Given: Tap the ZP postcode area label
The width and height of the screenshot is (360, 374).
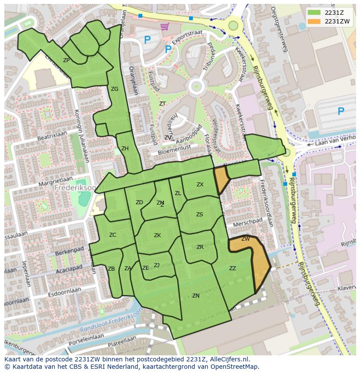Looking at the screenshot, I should pos(66,60).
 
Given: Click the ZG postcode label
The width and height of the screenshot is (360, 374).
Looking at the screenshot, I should pos(114,89).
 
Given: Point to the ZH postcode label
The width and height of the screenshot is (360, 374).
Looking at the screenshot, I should pos(125,149).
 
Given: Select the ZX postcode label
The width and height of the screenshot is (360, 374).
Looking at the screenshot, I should pos(200,185).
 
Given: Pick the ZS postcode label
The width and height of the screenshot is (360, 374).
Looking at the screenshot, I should pos(200,215).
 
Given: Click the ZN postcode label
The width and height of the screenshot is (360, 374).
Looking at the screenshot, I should pos(196,296).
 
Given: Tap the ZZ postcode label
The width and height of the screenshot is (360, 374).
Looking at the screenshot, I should pos(233,268).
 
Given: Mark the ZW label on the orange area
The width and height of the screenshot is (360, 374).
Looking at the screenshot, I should pos(246,239).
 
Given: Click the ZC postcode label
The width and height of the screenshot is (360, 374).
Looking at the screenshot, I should pos(113,235).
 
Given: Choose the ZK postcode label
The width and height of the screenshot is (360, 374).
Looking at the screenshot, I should pos(157,235).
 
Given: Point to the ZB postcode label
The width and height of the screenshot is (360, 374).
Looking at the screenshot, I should pos(111,269).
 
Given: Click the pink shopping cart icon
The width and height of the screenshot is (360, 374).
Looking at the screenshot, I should pos(164,27).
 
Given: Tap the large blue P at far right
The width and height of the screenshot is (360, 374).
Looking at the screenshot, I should pos(341,112).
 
